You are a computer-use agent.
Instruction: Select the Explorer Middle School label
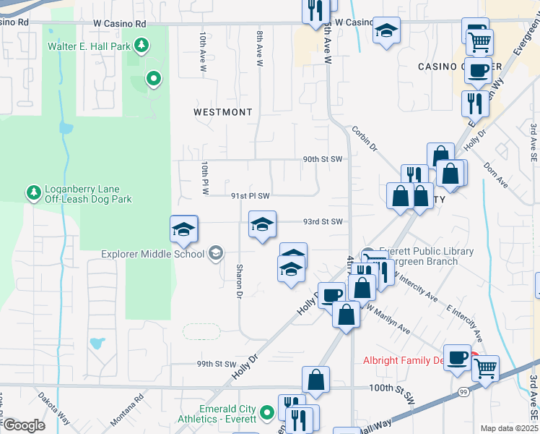pos(152,254)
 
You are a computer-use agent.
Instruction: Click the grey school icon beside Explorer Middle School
pos(215,253)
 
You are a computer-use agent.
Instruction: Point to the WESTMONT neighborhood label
pos(223,112)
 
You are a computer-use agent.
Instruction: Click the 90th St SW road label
pos(321,159)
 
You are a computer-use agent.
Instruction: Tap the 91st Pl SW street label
pos(250,195)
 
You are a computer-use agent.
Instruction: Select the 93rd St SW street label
pos(321,221)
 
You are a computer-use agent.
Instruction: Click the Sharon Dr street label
pos(238,281)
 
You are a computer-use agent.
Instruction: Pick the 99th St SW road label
pos(217,364)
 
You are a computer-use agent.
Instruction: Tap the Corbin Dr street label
pos(365,138)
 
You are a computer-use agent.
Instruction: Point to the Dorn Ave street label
pos(495,174)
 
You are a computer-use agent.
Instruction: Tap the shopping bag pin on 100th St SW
pos(316,380)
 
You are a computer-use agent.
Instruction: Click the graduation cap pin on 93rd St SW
pos(262,224)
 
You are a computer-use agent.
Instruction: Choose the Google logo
pos(23,426)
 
